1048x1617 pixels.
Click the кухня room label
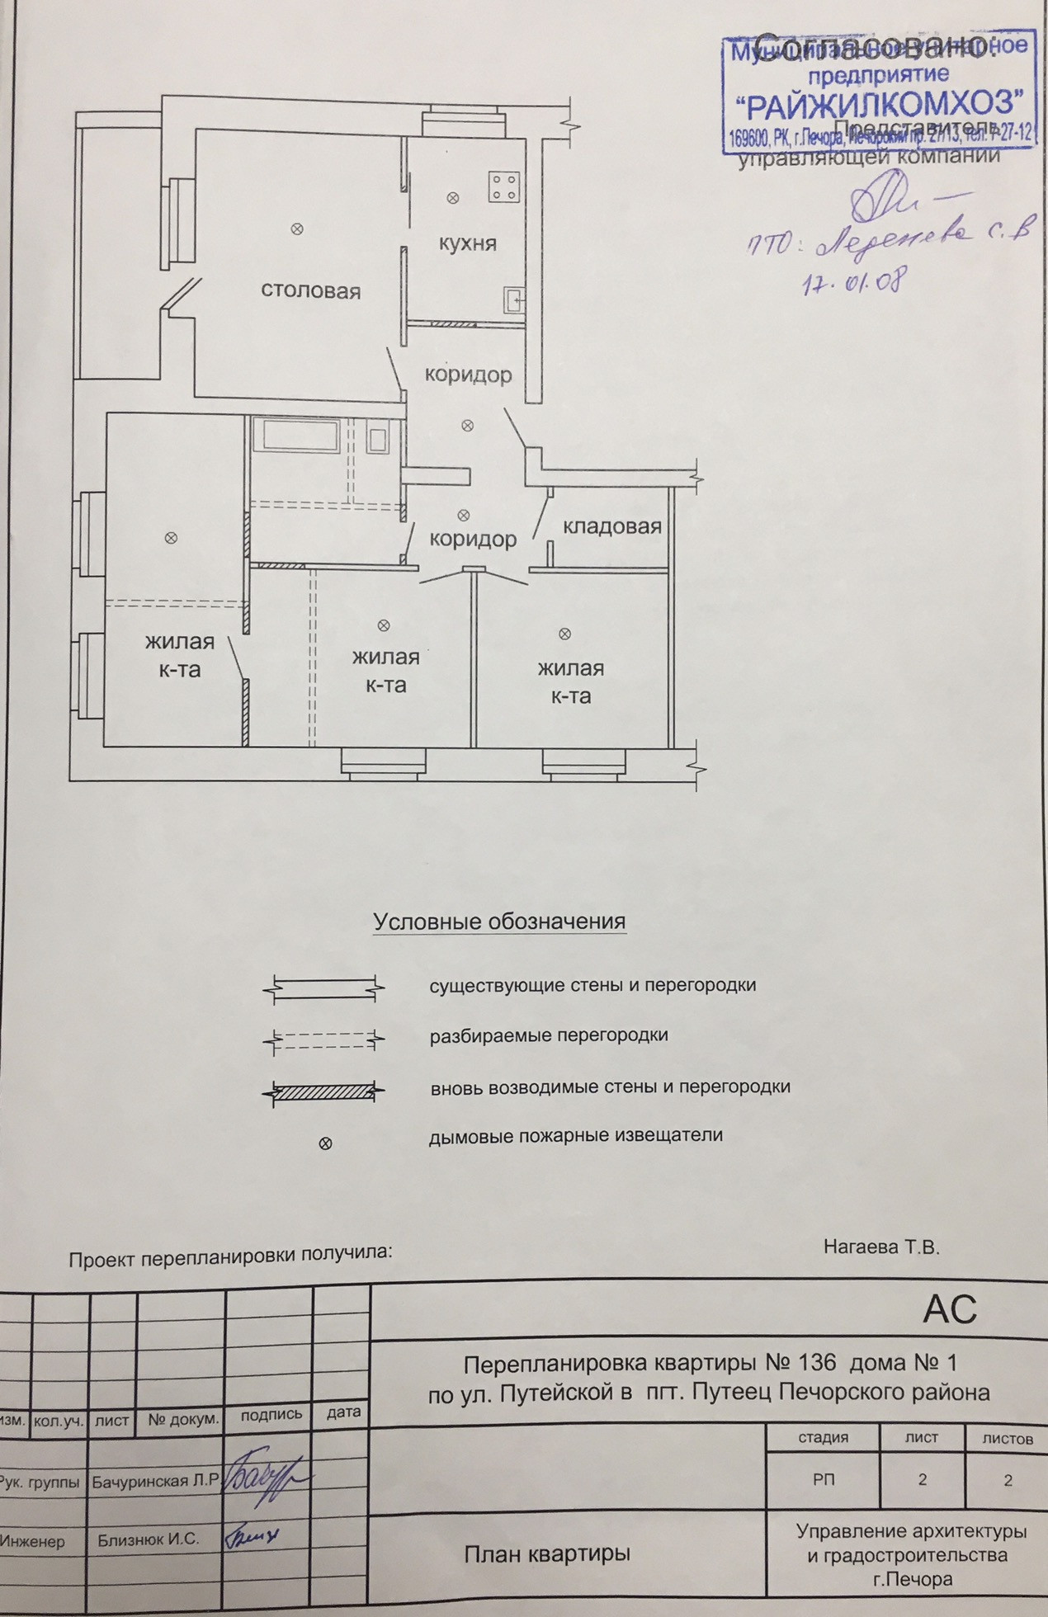click(467, 243)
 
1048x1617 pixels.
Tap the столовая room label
click(310, 291)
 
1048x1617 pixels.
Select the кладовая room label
click(611, 527)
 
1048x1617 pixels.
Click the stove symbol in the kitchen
click(503, 186)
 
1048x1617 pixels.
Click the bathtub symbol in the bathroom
click(296, 436)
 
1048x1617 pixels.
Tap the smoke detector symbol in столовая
click(297, 229)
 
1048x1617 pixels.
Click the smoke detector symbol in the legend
click(325, 1143)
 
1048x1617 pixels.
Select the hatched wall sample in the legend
click(323, 1092)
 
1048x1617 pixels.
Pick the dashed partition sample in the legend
click(323, 1040)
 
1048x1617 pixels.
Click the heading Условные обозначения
click(499, 922)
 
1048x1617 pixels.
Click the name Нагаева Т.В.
click(881, 1247)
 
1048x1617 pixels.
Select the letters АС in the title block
click(950, 1309)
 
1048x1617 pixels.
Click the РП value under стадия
click(823, 1479)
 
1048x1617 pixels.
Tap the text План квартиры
click(546, 1554)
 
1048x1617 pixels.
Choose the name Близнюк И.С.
click(149, 1539)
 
